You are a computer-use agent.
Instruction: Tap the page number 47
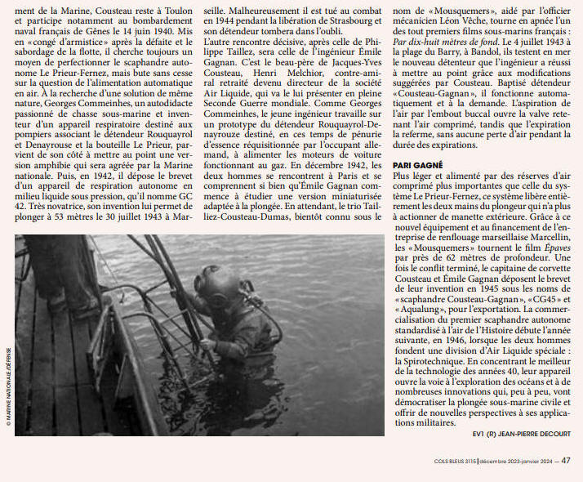click(x=566, y=460)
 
